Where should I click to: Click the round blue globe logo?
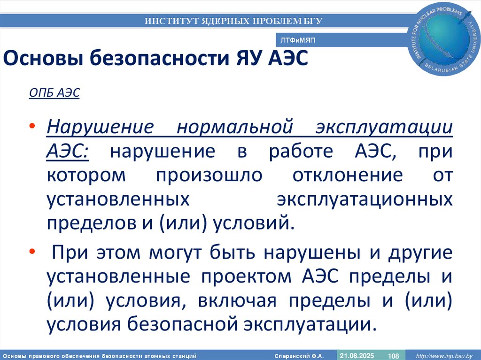445,39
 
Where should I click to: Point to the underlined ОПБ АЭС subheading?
54,93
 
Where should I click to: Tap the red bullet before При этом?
31,252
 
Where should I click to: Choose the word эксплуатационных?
365,199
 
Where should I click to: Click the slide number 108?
393,355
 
